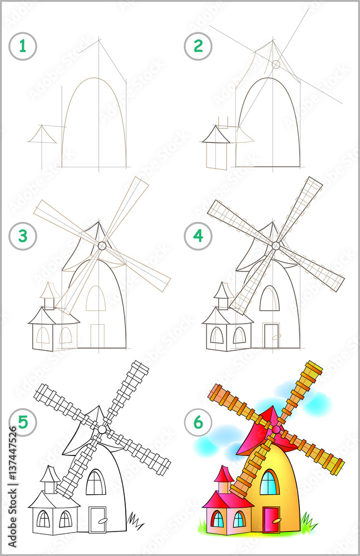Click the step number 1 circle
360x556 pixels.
click(23, 46)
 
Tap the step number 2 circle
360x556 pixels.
click(198, 46)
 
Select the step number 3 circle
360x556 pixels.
click(23, 236)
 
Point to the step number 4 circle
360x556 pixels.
click(198, 236)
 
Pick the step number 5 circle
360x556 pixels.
click(23, 422)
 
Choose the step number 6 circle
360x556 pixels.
click(198, 422)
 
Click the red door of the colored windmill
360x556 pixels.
click(272, 520)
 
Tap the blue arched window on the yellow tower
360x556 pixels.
click(269, 483)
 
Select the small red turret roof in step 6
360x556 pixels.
click(224, 474)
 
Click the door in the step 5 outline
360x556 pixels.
click(97, 519)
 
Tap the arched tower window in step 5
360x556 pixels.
click(96, 483)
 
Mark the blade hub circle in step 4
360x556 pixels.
click(276, 245)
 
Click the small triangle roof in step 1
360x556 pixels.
click(43, 135)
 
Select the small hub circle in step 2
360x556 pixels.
click(275, 64)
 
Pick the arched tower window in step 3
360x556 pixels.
click(96, 299)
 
